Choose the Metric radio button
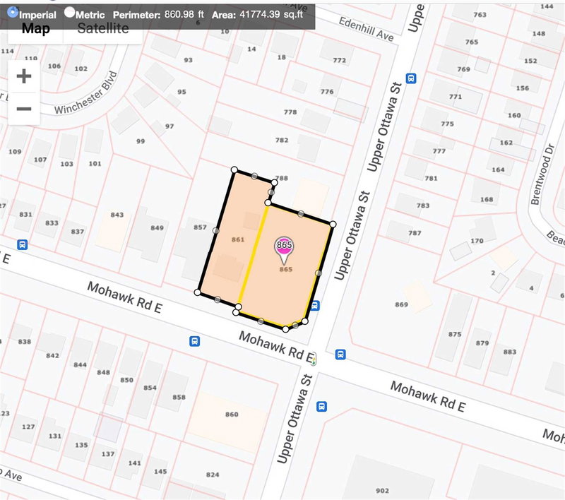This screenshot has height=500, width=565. click(x=69, y=12)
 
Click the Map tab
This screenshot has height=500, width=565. click(x=35, y=28)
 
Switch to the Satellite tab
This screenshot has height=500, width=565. click(x=103, y=28)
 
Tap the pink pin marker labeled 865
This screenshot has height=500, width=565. click(x=285, y=248)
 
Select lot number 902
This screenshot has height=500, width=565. click(x=381, y=490)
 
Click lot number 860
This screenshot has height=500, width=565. click(x=231, y=414)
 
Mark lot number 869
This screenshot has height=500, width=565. click(x=402, y=304)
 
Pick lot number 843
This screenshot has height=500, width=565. click(x=117, y=215)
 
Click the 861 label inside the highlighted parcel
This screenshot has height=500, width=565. click(x=238, y=240)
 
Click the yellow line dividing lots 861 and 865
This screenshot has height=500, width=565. click(x=254, y=254)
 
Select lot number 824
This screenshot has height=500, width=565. click(x=213, y=474)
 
